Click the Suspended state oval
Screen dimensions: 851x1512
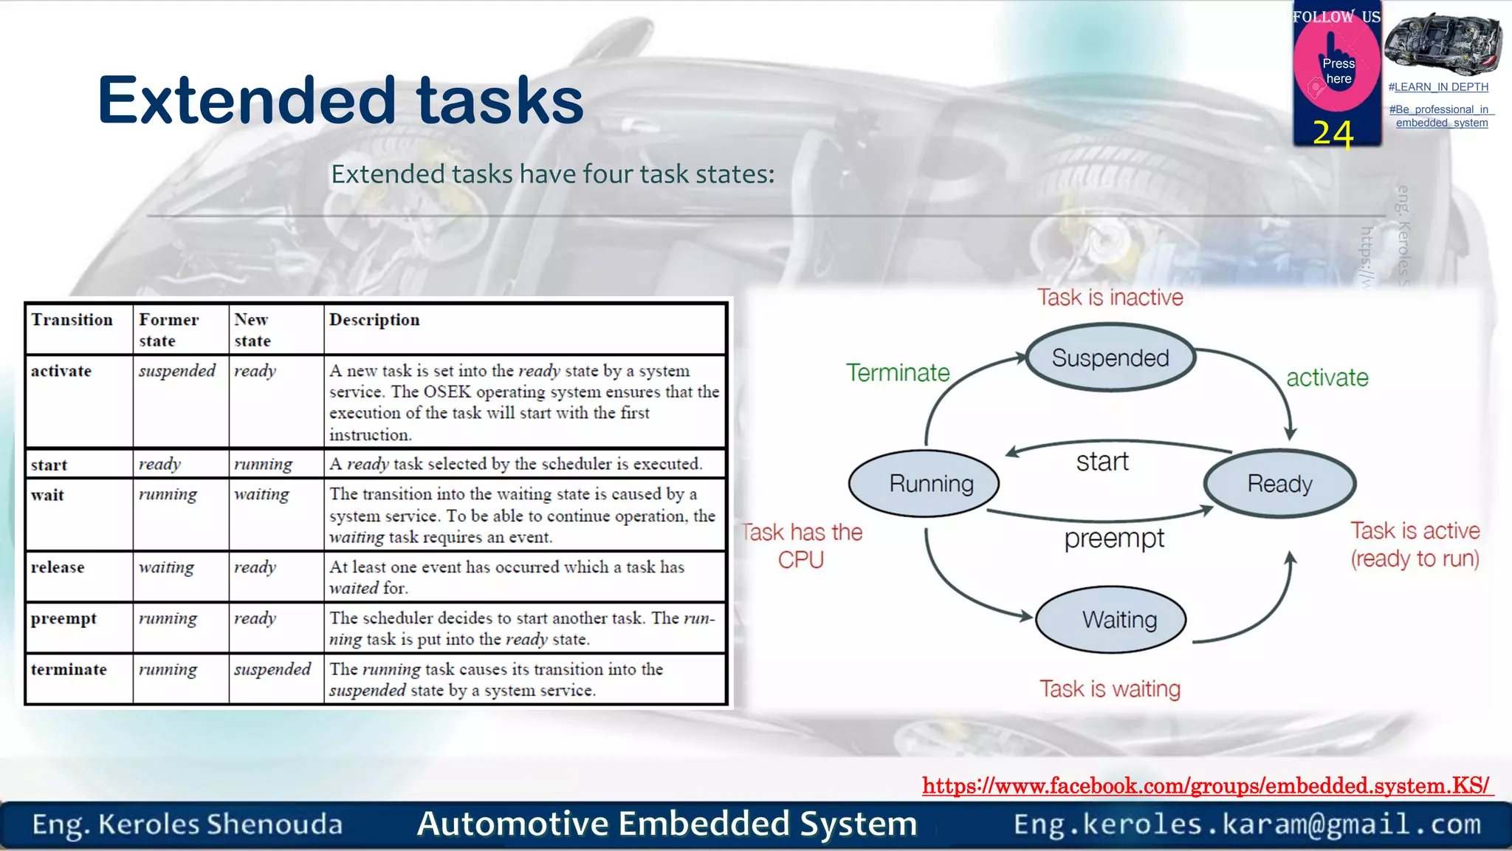1110,358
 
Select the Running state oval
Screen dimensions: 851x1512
924,484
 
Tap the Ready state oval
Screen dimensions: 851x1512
1279,484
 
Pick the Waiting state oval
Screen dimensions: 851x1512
1111,619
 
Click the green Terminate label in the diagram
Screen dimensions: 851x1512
898,372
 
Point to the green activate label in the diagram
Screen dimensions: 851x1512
1327,377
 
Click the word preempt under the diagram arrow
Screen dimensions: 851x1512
1113,539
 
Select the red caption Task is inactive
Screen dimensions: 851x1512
1110,297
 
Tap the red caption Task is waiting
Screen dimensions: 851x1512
1110,688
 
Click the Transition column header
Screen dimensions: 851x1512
72,320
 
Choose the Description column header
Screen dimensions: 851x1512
374,320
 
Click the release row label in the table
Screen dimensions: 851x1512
58,567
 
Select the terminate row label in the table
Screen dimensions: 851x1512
69,669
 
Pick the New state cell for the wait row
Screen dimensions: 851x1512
261,494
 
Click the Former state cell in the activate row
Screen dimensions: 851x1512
177,371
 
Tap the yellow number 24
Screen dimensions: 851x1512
1333,134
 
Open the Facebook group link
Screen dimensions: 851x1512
1206,785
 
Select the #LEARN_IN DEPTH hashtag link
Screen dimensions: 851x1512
1438,87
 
